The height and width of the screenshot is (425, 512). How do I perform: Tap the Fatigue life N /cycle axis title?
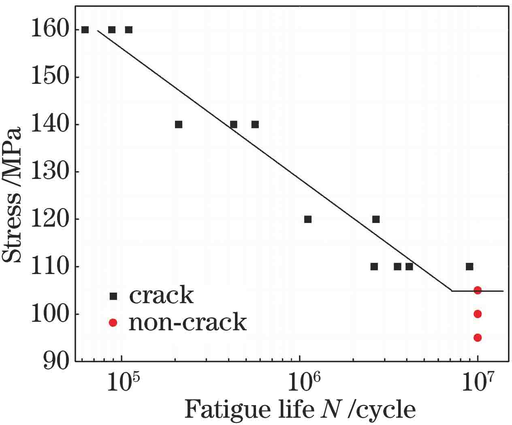(x=300, y=410)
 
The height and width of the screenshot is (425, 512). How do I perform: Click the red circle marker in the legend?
(x=113, y=323)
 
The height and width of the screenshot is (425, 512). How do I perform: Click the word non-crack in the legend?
(x=188, y=323)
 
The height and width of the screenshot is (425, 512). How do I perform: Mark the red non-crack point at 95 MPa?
(x=478, y=338)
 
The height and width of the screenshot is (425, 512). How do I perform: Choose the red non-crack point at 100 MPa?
(x=478, y=314)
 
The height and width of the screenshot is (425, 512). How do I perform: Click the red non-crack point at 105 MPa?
(x=478, y=290)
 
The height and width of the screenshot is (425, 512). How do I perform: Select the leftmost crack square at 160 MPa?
(x=85, y=30)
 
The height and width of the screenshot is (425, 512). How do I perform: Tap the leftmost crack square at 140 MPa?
(x=179, y=124)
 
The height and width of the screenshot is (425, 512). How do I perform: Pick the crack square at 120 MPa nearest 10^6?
(x=308, y=219)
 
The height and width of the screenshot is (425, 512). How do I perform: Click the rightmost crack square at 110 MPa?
(x=469, y=266)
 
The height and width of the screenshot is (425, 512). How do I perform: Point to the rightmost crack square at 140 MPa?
(x=255, y=124)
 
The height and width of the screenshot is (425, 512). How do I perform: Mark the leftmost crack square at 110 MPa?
(x=374, y=266)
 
